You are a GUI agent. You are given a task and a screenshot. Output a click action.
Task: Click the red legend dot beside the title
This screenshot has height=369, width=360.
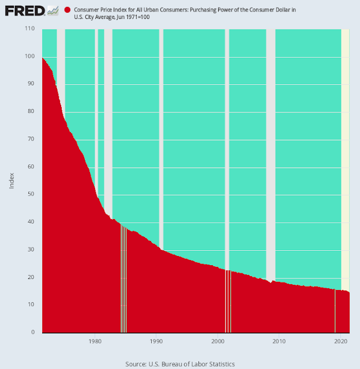(x=67, y=10)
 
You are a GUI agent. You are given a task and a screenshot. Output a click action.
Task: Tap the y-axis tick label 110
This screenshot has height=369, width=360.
(x=31, y=28)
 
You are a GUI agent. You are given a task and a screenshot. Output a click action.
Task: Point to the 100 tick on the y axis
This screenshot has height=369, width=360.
(x=31, y=56)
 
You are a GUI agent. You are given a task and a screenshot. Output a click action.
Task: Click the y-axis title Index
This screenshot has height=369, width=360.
(x=12, y=180)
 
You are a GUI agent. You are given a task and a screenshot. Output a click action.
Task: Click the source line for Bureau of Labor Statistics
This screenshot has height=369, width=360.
(x=180, y=364)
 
